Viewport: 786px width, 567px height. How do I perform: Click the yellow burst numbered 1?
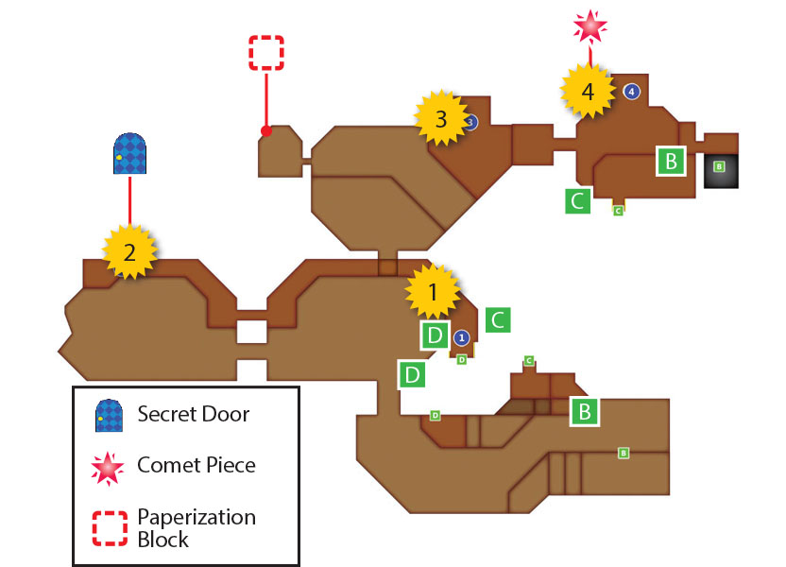click(433, 291)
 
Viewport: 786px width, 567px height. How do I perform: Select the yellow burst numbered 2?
click(129, 251)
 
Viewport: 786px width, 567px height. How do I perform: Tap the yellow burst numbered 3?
click(441, 118)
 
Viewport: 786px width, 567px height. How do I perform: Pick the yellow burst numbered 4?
click(588, 91)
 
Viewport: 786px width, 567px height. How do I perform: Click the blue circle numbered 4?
click(632, 92)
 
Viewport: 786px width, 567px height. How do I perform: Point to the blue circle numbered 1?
click(462, 338)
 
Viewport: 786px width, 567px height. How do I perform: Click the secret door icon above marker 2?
click(129, 153)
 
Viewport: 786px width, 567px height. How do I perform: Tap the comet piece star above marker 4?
click(590, 26)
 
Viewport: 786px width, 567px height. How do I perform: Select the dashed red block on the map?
click(266, 53)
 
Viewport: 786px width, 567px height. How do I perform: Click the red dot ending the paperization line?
click(266, 130)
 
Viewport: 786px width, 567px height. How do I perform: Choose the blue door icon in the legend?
click(110, 416)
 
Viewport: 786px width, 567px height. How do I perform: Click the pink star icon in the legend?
click(108, 468)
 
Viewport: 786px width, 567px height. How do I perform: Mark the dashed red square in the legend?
click(110, 528)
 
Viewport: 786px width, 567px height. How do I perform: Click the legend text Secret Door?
click(194, 414)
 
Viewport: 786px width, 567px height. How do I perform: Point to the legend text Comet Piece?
click(196, 465)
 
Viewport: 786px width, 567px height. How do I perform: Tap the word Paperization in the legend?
click(196, 517)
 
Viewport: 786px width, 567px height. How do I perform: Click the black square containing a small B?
click(721, 171)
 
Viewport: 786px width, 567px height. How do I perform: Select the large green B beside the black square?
click(671, 162)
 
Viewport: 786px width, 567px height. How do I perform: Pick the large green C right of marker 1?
click(498, 319)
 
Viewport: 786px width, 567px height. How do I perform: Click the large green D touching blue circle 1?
click(436, 335)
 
